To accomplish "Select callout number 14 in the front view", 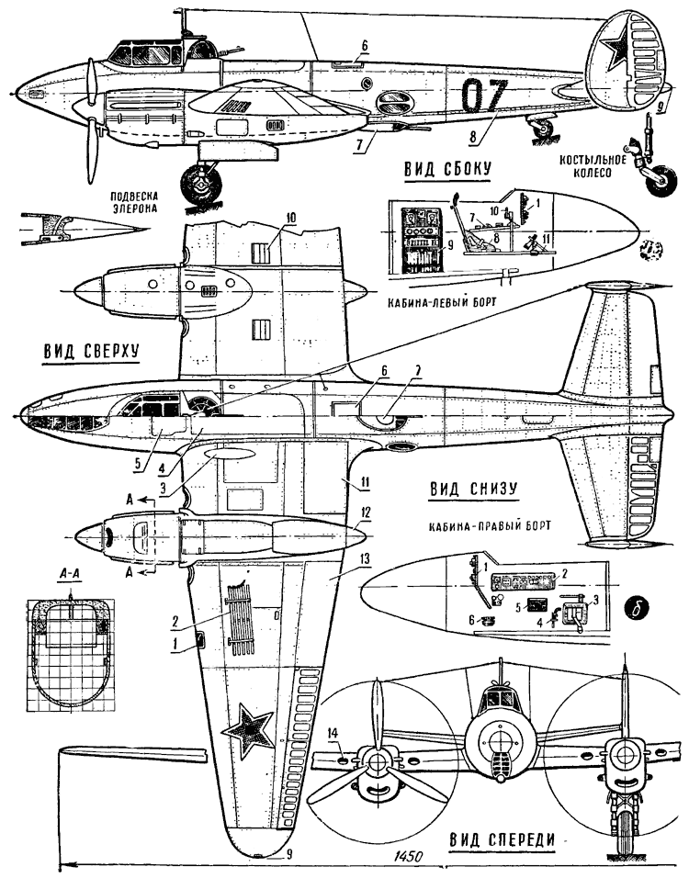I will [x=333, y=732].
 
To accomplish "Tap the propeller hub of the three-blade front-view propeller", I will [x=375, y=762].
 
